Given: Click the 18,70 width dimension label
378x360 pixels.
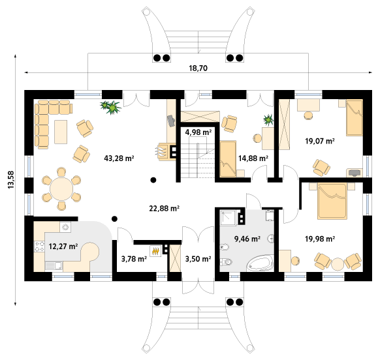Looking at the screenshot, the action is coord(198,68).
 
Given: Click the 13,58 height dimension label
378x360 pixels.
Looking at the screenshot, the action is coord(11,179).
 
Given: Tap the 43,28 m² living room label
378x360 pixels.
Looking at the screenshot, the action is coord(119,158).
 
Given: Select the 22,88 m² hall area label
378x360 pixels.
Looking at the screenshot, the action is coord(164,208).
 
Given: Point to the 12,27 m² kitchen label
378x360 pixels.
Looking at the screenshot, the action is coord(63,247).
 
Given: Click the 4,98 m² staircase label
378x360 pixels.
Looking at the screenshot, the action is coord(198,132).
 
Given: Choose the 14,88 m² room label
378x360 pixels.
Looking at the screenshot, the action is coord(253,158).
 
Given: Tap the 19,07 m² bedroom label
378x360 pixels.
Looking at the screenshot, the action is coord(320,141).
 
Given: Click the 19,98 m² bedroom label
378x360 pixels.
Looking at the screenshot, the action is coord(320,239).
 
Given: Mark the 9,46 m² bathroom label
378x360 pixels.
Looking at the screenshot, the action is coord(247,239).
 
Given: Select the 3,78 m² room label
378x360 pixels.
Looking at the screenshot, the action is coord(134,259).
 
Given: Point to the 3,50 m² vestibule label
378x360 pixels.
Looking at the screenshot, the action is coord(198,259).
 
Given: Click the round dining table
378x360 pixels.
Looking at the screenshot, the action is coord(61,188).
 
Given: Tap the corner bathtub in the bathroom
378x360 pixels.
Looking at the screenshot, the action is coord(260,263).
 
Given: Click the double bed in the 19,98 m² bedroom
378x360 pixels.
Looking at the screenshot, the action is coord(332,202).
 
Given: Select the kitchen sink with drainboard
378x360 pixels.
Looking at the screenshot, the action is coord(54,266).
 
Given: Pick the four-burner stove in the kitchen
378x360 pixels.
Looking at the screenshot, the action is coord(39,247).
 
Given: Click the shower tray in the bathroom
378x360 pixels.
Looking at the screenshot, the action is coord(228,217).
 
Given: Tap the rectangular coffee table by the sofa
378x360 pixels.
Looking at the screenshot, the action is coord(61,132).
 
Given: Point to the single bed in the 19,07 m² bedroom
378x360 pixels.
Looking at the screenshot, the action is coord(354,118).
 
